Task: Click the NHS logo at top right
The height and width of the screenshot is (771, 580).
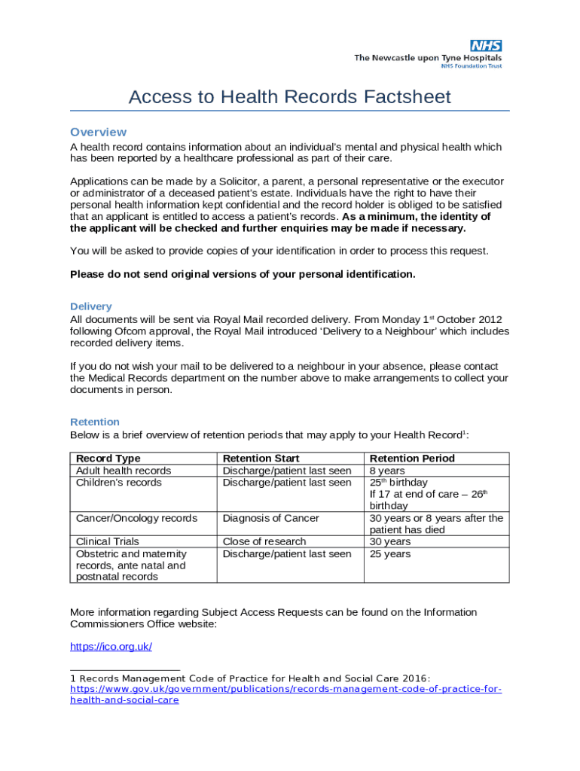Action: (x=486, y=46)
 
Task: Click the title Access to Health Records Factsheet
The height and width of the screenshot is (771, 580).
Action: (x=289, y=97)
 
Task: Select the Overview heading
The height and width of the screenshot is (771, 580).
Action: (x=98, y=132)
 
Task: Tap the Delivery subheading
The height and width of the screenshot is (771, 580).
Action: (x=90, y=306)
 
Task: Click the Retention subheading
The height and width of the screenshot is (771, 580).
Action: (x=94, y=422)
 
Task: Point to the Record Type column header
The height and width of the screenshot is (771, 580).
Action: (x=108, y=459)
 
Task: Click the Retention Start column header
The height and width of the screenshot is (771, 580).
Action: (x=261, y=459)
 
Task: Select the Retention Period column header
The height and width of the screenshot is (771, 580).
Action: (x=411, y=459)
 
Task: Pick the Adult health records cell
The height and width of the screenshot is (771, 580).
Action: (x=124, y=471)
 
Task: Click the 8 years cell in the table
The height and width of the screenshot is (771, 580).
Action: (x=386, y=471)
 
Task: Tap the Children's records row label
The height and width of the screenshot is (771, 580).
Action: (x=118, y=483)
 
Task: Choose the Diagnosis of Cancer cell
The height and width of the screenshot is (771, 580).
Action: (x=270, y=518)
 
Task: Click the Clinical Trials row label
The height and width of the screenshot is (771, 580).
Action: (x=108, y=541)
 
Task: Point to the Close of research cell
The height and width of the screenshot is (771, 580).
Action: (x=264, y=541)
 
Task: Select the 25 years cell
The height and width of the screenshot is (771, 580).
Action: (x=389, y=554)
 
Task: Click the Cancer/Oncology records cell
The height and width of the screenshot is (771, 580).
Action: (x=136, y=518)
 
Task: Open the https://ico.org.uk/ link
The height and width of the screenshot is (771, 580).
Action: (x=111, y=647)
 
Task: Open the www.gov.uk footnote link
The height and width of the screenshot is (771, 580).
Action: (x=285, y=689)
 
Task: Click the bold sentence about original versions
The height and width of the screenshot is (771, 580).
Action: (x=243, y=274)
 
